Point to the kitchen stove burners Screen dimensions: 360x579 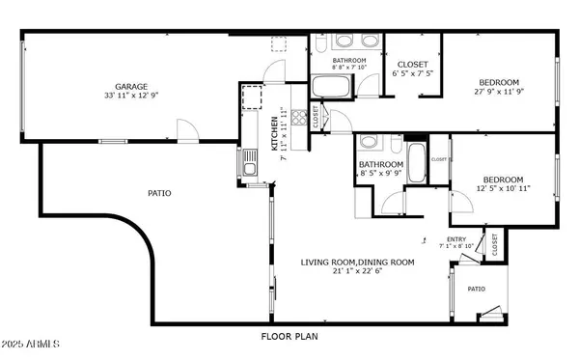(253, 98)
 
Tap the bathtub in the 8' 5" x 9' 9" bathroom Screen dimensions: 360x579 (417, 163)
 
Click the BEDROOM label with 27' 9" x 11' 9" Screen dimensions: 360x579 (500, 82)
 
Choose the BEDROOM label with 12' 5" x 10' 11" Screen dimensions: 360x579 (503, 180)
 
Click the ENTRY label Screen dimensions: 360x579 (455, 239)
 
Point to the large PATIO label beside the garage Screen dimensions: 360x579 (159, 193)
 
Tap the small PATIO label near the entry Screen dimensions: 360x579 (476, 288)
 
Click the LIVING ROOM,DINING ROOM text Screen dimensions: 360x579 (357, 262)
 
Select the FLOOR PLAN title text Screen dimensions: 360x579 (289, 337)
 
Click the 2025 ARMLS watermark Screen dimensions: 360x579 (31, 344)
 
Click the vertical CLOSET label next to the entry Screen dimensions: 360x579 (494, 246)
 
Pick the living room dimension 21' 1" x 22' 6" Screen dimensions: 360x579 (357, 272)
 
